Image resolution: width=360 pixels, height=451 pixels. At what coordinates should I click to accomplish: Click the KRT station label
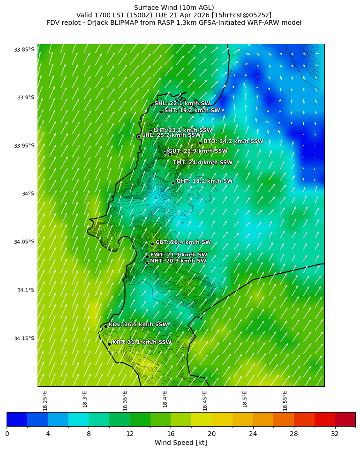click(142, 342)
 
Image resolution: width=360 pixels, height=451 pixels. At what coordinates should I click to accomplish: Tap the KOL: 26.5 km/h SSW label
click(138, 324)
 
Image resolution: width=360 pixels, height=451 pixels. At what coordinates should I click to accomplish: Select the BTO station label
click(233, 141)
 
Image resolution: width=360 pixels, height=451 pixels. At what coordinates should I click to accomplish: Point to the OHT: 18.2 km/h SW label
click(204, 181)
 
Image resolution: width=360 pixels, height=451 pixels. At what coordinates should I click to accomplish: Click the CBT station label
click(183, 242)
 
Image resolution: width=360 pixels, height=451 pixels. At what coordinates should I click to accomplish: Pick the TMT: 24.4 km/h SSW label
click(202, 163)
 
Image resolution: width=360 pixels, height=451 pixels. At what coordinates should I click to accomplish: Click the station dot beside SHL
click(151, 105)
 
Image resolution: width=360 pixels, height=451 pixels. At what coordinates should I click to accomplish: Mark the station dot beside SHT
click(161, 112)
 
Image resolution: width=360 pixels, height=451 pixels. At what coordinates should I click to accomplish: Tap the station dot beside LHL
click(139, 137)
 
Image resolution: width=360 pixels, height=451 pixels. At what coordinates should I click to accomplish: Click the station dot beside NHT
click(147, 263)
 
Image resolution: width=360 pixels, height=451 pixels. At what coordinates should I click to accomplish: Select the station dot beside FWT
click(147, 256)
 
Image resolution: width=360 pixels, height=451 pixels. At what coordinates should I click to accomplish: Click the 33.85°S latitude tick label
click(24, 50)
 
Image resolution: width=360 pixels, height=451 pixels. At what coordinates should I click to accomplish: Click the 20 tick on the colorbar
click(212, 434)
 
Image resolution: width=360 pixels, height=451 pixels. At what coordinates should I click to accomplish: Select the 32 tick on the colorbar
click(335, 434)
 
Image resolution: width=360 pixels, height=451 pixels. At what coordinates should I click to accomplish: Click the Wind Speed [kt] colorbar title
click(180, 443)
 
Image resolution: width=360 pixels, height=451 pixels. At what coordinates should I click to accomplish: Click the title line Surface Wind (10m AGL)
click(174, 8)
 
